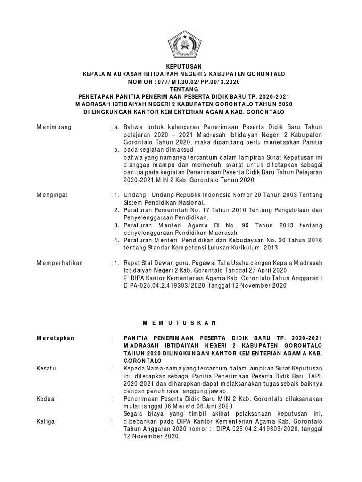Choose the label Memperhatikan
tap(59, 263)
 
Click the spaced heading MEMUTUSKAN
tap(181, 322)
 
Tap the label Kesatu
tap(46, 368)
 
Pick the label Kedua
tap(46, 398)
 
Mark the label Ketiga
tap(46, 421)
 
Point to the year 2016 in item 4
tap(313, 240)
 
